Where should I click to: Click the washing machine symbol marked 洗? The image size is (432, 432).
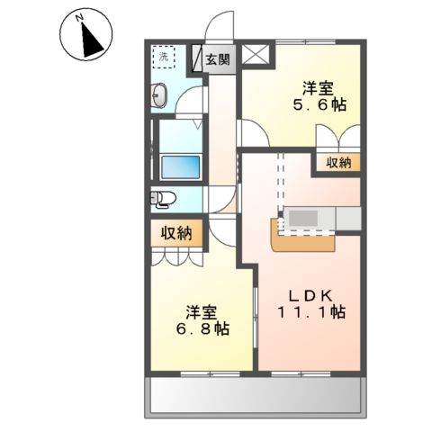pos(164,57)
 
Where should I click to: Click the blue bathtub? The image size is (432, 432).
pos(179,167)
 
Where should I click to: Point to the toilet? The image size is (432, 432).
pos(162,198)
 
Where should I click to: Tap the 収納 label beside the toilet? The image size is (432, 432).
pos(176,233)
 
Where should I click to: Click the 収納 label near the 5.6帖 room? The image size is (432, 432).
pos(338,163)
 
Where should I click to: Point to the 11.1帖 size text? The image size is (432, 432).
pos(310,312)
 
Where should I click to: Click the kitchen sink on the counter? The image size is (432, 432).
pos(302,218)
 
